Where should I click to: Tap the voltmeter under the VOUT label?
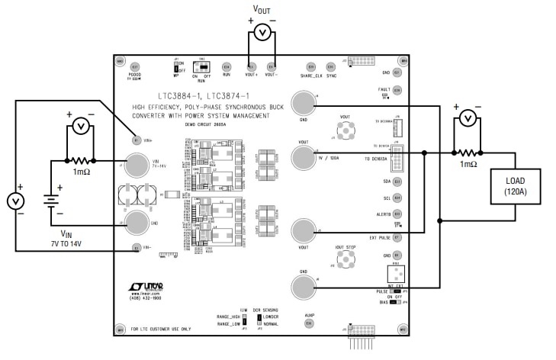click(262, 32)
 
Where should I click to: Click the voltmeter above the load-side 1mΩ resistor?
click(467, 117)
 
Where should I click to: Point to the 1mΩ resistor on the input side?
click(80, 162)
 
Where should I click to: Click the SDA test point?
click(397, 182)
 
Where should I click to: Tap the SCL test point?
click(397, 198)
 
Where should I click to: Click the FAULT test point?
click(397, 90)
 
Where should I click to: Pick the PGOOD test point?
click(135, 67)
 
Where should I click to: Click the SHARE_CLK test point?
click(310, 66)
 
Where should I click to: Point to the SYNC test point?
click(331, 66)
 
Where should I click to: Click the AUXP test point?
click(309, 323)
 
